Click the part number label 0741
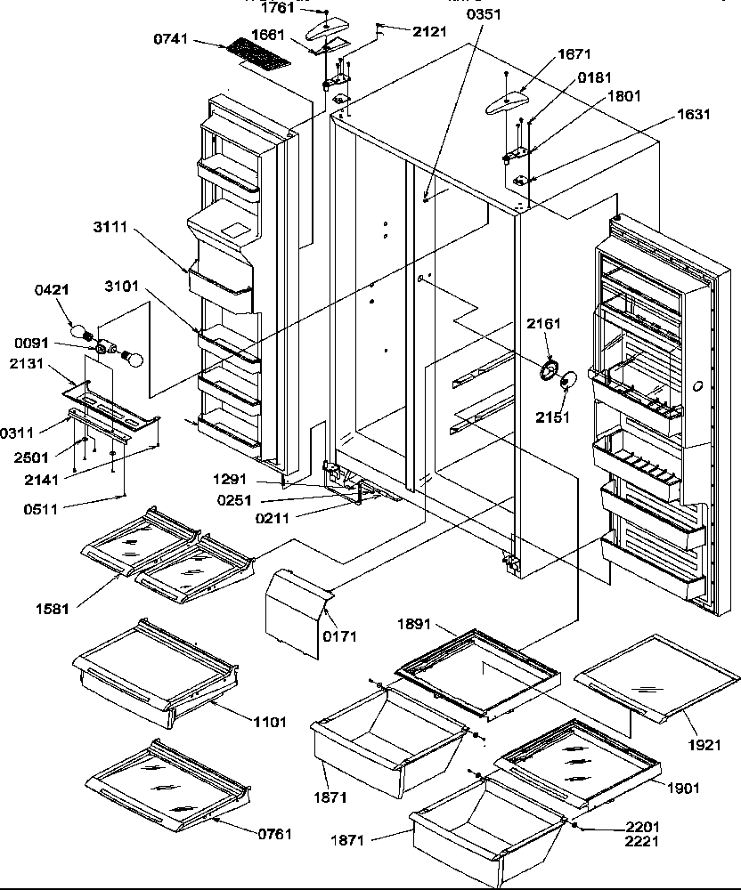point(171,41)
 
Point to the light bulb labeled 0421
point(88,334)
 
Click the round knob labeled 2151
point(566,382)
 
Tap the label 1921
point(704,744)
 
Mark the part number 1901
point(682,787)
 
